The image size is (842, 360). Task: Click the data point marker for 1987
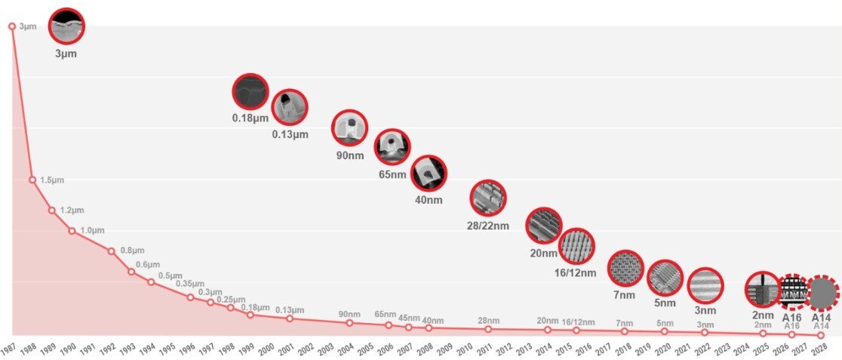(12, 26)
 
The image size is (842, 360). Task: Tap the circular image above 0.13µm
(290, 107)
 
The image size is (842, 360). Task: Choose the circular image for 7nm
(625, 269)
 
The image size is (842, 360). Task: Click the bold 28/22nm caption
(488, 225)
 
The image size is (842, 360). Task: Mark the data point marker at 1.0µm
(72, 230)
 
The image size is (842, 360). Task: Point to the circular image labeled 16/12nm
(577, 246)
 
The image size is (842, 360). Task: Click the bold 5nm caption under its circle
(665, 304)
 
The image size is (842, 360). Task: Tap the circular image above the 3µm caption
(66, 26)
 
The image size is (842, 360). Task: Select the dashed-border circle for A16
(791, 291)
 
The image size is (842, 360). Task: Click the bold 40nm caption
(429, 200)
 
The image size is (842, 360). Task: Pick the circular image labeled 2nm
(762, 288)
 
